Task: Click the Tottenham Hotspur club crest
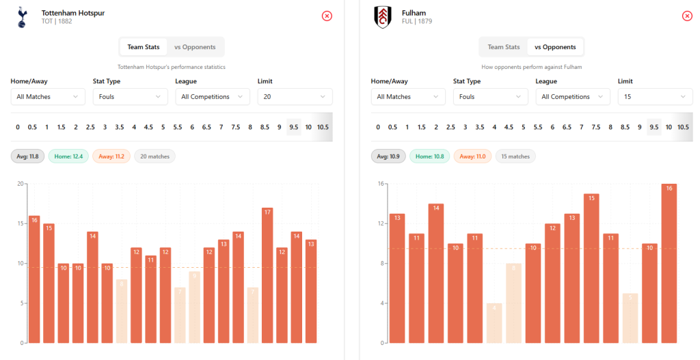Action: tap(21, 17)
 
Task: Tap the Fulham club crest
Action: tap(382, 17)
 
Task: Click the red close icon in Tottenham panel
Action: tap(327, 16)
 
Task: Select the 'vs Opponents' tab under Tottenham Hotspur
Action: tap(195, 47)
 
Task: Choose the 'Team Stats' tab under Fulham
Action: tap(504, 47)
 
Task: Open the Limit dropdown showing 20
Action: tap(295, 97)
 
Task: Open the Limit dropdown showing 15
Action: tap(655, 97)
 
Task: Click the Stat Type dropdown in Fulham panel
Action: tap(490, 97)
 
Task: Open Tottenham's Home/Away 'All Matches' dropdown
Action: tap(48, 97)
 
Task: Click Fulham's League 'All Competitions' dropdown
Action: tap(573, 97)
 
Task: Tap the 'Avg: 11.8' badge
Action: tap(28, 156)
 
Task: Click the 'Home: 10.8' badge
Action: tap(429, 156)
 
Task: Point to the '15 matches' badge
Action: tap(515, 156)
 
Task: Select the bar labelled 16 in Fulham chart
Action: tap(669, 264)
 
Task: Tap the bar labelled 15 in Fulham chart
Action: tap(591, 268)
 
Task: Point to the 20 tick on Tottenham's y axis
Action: tap(21, 183)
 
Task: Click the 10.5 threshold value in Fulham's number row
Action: tap(683, 127)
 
